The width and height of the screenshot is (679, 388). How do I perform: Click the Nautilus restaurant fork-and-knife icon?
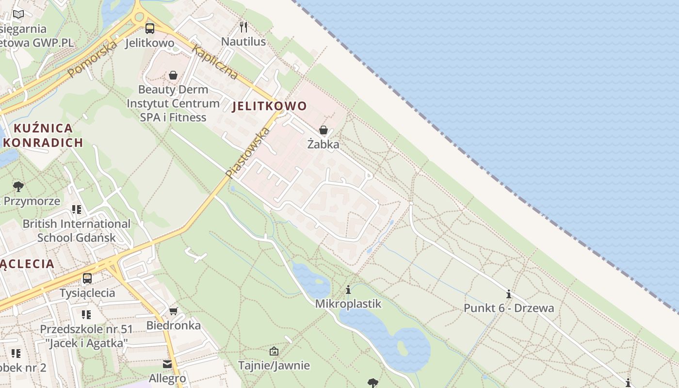point(243,27)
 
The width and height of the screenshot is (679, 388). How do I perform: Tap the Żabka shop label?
point(323,144)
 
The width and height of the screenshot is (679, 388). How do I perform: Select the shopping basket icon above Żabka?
point(323,130)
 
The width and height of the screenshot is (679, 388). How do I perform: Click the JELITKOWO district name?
point(270,106)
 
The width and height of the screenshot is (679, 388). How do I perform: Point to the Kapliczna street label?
point(214,62)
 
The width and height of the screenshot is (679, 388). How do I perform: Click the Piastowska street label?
point(247,152)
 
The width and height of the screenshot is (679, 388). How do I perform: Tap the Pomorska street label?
point(93,59)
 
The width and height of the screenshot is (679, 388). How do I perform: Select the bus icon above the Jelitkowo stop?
point(150,29)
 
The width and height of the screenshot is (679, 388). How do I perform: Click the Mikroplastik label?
point(348,304)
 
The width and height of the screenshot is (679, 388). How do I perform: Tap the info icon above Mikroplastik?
point(348,290)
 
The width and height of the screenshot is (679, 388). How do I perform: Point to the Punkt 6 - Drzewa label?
point(509,308)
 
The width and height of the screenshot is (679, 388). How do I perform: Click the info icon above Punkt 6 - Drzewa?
point(509,294)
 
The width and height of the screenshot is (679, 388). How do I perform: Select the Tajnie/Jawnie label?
point(274,365)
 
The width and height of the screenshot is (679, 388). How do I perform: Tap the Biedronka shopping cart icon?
point(174,311)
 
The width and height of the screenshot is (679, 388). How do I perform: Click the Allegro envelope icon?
point(167,364)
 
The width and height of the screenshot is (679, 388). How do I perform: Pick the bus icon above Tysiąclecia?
point(87,278)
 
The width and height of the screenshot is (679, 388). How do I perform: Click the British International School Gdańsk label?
point(77,230)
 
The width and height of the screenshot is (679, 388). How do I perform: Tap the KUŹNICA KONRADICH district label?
point(43,135)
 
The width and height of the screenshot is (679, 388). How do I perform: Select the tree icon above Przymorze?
point(18,187)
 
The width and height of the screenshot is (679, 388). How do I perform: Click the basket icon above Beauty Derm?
point(173,75)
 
